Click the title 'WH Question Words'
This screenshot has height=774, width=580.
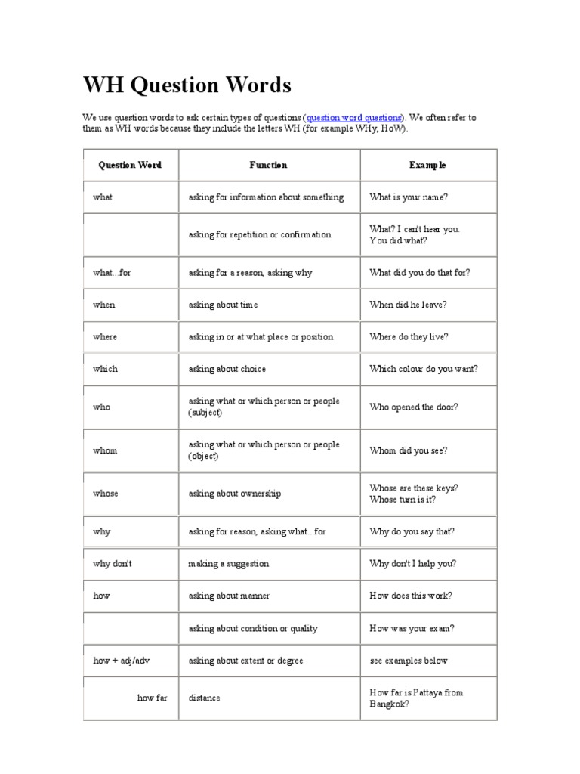[187, 85]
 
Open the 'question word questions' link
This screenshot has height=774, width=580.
[354, 118]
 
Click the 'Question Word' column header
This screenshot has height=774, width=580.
[130, 165]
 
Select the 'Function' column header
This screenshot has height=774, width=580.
[268, 165]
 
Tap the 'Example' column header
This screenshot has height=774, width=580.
[427, 165]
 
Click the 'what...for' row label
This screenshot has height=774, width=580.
[112, 272]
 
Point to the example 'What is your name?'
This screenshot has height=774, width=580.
[409, 197]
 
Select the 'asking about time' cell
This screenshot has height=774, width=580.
[223, 305]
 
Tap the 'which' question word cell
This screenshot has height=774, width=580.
[106, 369]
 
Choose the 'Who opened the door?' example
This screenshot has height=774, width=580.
[414, 407]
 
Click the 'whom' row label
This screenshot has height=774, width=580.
[106, 450]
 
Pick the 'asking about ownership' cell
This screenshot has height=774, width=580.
[235, 494]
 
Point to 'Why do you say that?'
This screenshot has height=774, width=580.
[412, 531]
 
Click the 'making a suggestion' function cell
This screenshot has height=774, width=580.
[228, 564]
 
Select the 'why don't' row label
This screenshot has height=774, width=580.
[113, 564]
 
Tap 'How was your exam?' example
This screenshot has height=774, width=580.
[412, 628]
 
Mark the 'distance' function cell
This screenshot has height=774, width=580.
[205, 698]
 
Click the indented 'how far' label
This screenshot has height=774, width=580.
[152, 698]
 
